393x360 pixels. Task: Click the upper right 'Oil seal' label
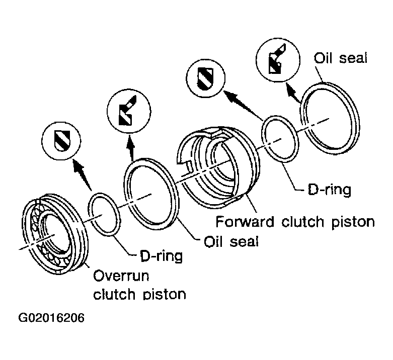340,58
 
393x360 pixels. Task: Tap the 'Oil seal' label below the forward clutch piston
231,241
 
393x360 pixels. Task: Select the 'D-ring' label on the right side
329,190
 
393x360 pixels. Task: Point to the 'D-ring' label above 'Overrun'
161,256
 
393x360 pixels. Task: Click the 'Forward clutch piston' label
295,222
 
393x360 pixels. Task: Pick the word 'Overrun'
121,276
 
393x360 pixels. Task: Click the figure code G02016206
51,318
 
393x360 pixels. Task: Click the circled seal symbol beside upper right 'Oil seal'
278,60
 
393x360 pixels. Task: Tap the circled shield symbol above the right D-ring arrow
205,78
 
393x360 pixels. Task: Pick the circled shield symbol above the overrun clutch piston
61,141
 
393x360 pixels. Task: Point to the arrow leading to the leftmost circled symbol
82,174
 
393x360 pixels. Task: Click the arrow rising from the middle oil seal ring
131,148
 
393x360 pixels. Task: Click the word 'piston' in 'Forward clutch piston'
353,222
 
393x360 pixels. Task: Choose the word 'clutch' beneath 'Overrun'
115,294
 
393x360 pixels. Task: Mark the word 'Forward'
245,221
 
